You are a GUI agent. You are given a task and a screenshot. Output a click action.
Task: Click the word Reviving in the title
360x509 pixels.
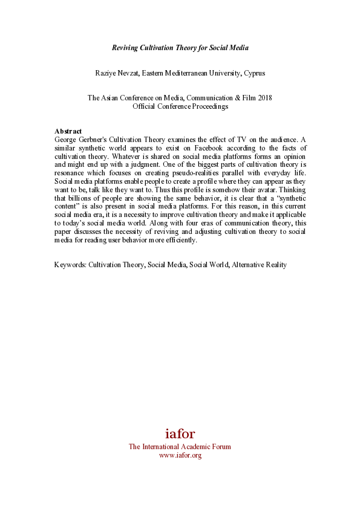[125, 47]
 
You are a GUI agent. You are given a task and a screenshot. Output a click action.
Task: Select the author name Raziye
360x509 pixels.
[106, 73]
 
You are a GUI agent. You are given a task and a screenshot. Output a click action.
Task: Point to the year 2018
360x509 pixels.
[264, 98]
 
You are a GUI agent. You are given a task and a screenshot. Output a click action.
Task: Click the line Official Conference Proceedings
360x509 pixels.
[180, 106]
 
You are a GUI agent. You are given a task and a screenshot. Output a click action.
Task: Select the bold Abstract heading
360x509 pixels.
[68, 131]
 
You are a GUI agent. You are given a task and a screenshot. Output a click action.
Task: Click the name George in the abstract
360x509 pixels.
[66, 139]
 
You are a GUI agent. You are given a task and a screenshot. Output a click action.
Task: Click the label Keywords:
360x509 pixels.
[70, 265]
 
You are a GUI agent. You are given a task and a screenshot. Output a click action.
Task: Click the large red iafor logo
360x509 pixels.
[180, 433]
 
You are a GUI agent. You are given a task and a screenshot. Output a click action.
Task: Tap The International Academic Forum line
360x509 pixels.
[180, 447]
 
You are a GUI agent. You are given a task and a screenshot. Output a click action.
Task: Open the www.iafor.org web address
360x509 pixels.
[180, 455]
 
